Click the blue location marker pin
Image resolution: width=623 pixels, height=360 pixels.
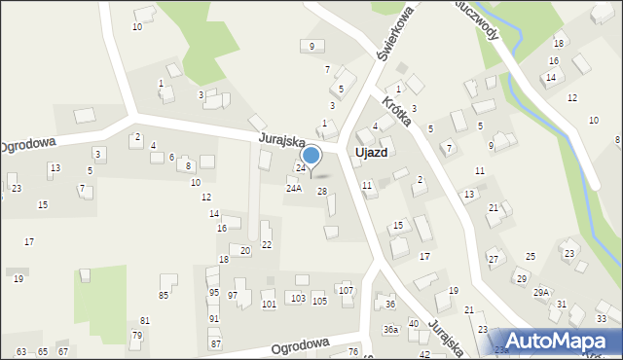(311, 156)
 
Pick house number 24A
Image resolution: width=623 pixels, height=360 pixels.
(293, 189)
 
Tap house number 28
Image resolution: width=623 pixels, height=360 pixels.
(322, 191)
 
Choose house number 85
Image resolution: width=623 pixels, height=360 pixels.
(164, 295)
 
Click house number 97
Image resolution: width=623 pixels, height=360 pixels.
(233, 295)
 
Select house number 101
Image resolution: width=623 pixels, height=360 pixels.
(269, 304)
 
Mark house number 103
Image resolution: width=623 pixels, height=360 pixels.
(299, 298)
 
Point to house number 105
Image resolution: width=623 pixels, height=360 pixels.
(319, 301)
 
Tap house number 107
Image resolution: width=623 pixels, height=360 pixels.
(345, 290)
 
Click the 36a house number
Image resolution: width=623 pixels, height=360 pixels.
(390, 330)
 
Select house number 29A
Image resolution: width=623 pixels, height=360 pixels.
(540, 292)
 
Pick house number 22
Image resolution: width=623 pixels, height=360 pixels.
(266, 244)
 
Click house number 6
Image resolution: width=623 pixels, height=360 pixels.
(171, 157)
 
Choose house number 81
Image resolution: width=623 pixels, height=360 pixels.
(145, 320)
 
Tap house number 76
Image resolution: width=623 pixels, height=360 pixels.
(353, 351)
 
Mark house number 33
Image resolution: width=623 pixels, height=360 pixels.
(602, 319)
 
